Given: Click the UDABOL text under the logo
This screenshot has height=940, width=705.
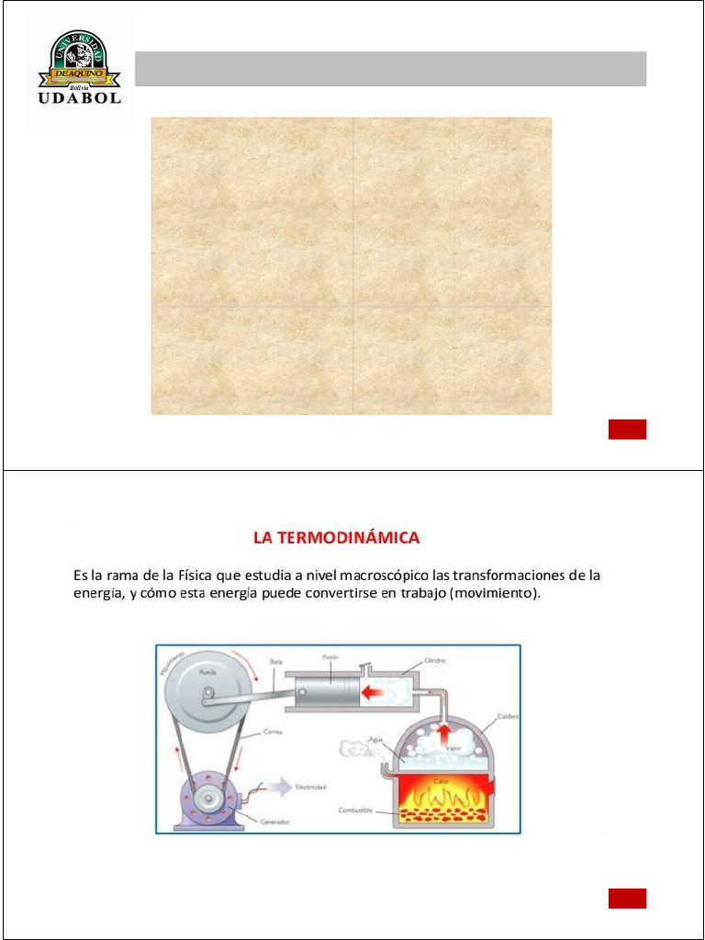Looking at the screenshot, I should point(79,98).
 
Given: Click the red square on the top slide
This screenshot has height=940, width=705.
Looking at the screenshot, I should point(627,429).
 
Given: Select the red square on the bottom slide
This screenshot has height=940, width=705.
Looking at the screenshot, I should point(627,899).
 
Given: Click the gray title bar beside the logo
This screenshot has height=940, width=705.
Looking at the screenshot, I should point(390,69).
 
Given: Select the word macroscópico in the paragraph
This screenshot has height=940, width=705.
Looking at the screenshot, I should point(383,576).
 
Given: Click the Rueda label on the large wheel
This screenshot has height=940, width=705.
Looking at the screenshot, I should point(209,672).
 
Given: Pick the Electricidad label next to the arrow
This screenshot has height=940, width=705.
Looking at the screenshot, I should point(309,787).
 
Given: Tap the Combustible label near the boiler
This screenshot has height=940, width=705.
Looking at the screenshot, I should point(355,810).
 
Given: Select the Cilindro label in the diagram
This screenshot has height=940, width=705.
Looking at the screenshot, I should point(435,659).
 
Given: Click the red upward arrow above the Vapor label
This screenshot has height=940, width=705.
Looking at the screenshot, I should point(444,731).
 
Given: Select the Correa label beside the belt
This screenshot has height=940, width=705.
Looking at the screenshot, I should point(272,732).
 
